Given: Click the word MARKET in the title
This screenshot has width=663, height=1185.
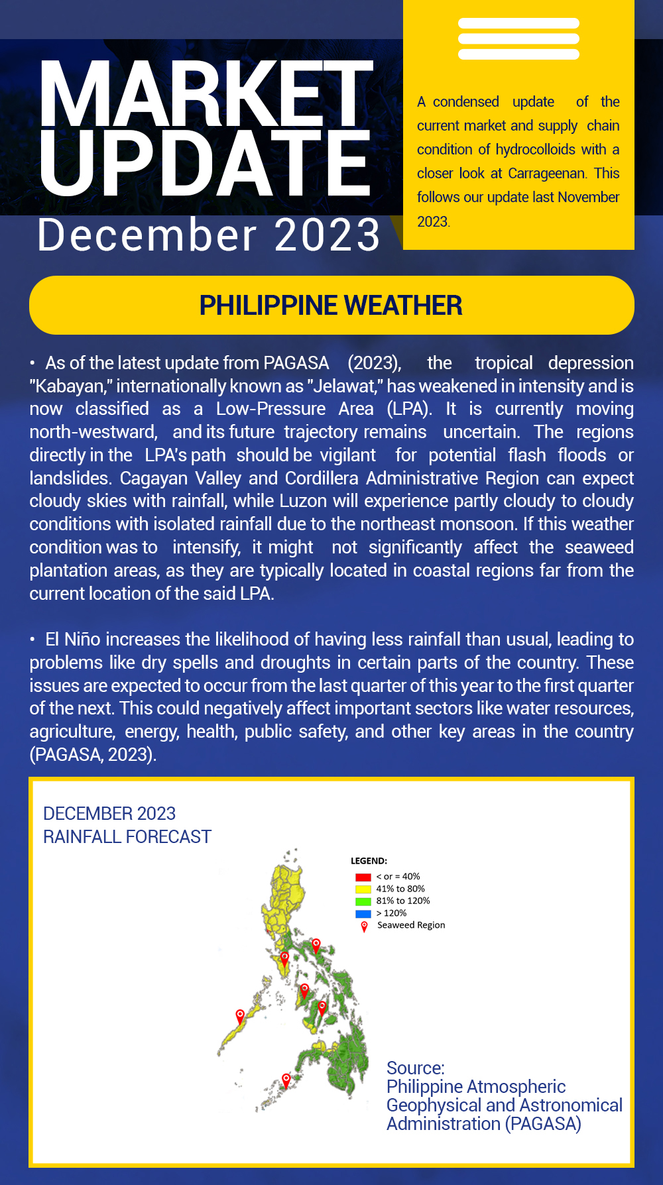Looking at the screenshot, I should coord(206,94).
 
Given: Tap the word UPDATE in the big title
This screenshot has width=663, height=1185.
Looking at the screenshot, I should coord(204,163).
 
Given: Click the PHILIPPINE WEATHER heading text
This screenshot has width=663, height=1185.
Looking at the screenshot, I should coord(331,306).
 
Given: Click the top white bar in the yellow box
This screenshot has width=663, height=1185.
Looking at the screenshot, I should coord(518,23).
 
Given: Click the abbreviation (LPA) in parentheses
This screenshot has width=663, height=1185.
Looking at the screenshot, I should coord(408,409).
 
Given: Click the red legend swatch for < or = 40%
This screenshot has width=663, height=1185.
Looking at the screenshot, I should coord(363,877).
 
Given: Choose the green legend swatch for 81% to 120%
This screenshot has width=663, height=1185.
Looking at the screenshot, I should coord(363,901).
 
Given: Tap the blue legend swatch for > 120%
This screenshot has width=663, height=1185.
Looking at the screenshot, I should coord(363,913).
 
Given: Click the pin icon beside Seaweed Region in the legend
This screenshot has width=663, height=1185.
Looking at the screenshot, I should coord(364,927).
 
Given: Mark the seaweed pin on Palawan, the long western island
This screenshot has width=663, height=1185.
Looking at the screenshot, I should coord(240,1016).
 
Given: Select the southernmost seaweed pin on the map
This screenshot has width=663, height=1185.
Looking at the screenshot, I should coord(286,1080).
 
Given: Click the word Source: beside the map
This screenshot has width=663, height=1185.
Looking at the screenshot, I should coord(415,1068).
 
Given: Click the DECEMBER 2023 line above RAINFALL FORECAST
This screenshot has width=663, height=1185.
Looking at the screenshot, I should coord(109,814).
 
